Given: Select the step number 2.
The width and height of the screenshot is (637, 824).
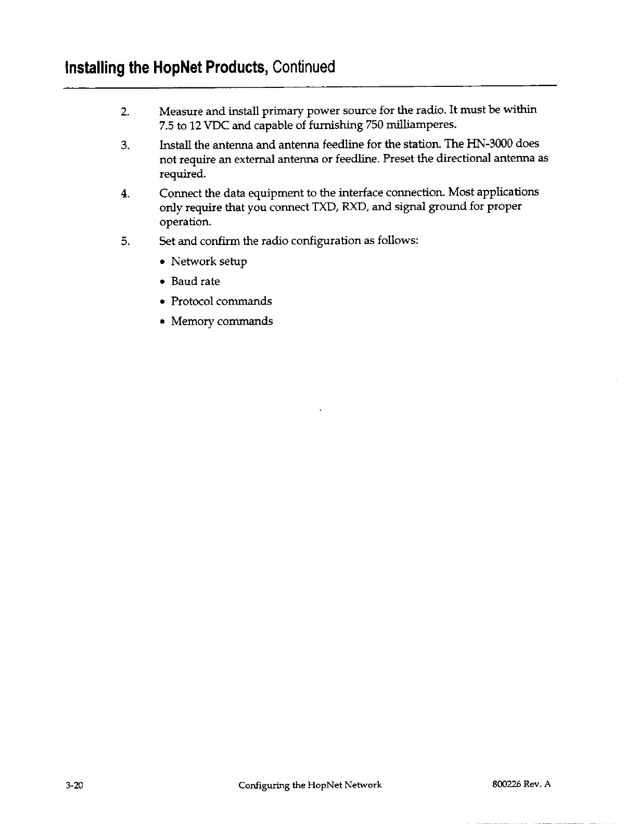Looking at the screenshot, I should tap(124, 112).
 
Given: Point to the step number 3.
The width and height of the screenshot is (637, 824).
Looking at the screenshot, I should tap(124, 145).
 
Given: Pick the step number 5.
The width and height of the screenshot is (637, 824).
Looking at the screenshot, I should tap(124, 241).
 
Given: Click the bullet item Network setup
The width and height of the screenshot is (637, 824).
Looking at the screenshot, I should tap(209, 262).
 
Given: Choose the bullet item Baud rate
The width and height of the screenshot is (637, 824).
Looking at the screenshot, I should tap(195, 281).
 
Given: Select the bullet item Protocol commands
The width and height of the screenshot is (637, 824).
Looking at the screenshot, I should tap(221, 302).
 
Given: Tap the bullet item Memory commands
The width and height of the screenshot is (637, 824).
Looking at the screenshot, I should tap(222, 321).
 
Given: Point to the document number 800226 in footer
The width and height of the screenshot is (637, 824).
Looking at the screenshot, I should tap(501, 785).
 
